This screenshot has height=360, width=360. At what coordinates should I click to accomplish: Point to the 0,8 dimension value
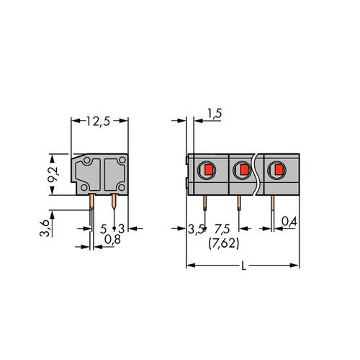click(x=112, y=238)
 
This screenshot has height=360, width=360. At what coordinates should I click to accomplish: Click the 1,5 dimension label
click(x=213, y=113)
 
